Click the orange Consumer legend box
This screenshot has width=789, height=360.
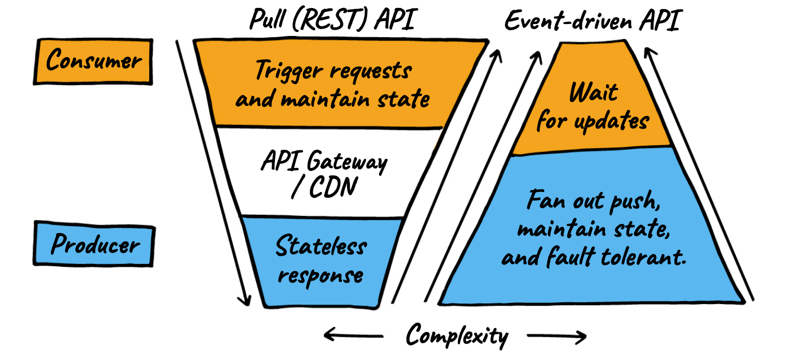pos(93,61)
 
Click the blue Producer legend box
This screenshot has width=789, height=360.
pos(93,245)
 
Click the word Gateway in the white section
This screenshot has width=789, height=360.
pos(348,162)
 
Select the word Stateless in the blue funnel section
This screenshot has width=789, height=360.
pos(321,246)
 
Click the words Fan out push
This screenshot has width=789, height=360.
pos(594,201)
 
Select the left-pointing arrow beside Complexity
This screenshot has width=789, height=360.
pos(353,335)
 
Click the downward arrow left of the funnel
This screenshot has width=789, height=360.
pos(212,171)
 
